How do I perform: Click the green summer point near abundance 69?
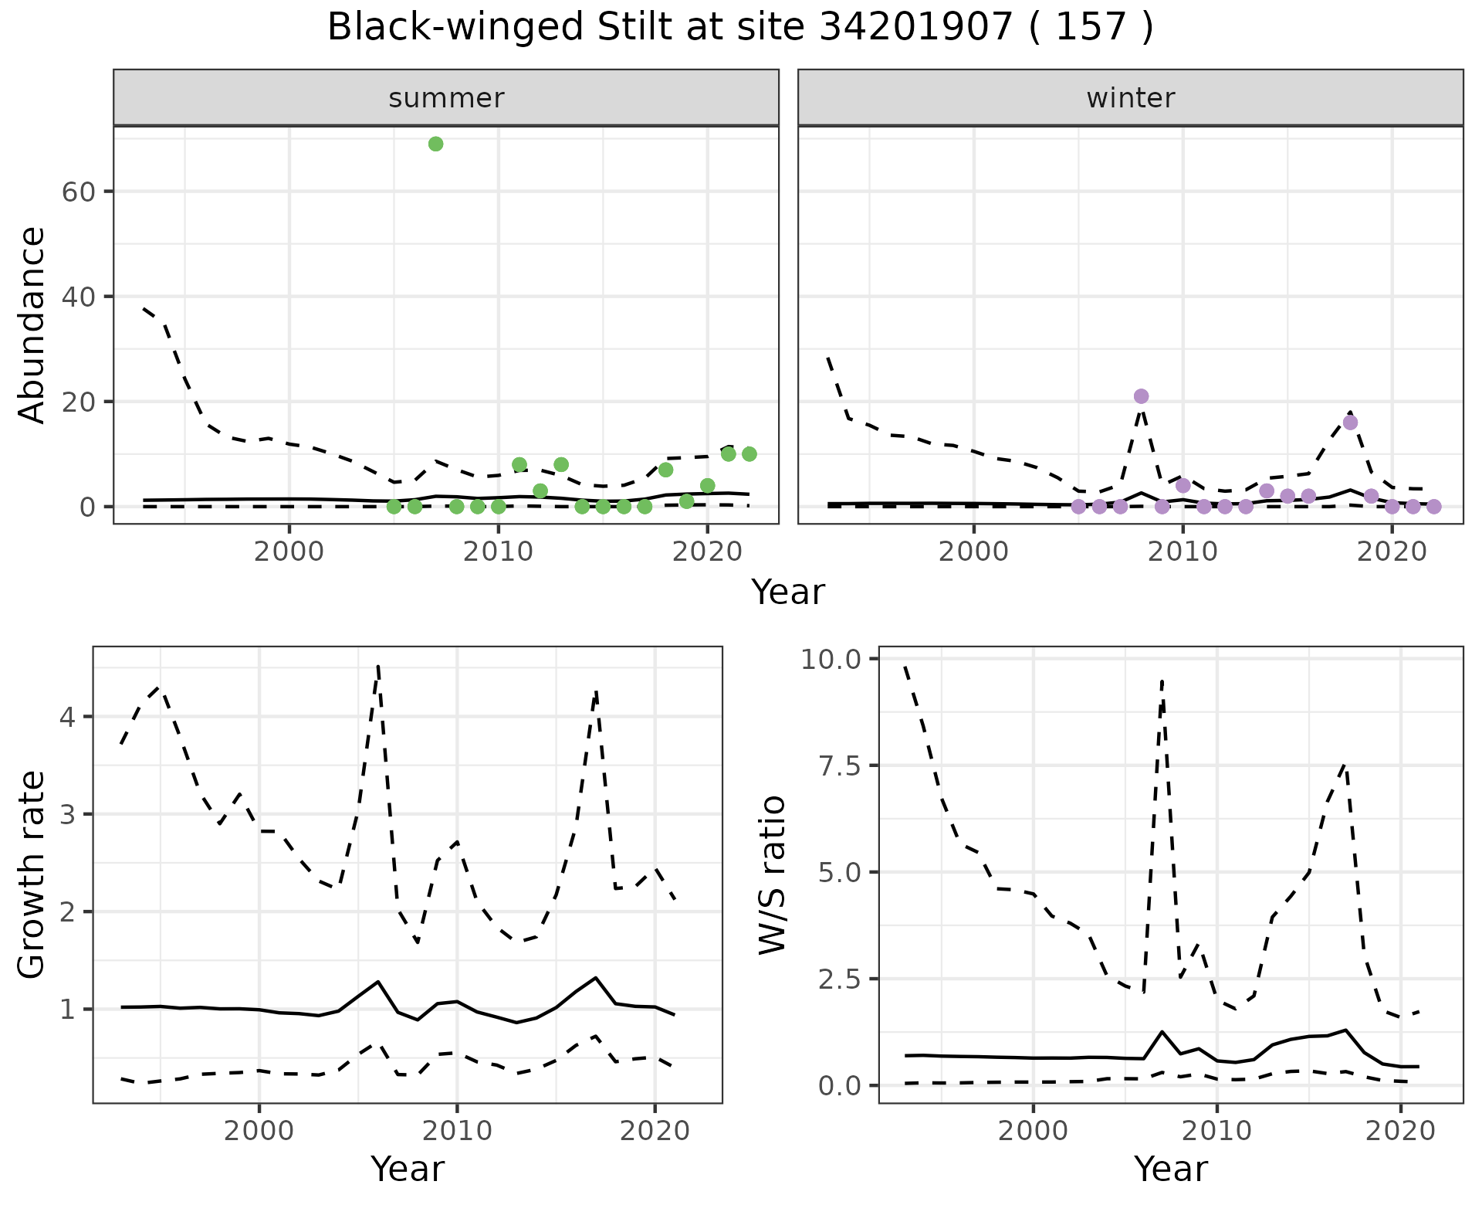tap(435, 144)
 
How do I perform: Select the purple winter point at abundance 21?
tap(1142, 396)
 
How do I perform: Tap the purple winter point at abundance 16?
tap(1350, 423)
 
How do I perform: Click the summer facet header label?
tap(446, 98)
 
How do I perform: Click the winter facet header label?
tap(1131, 98)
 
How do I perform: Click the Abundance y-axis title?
tap(32, 324)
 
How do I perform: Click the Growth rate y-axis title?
tap(32, 875)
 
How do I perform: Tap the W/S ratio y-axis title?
tap(773, 875)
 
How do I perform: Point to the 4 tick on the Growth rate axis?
tap(68, 718)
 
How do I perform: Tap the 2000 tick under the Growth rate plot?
tap(259, 1132)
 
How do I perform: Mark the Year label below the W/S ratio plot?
tap(1171, 1169)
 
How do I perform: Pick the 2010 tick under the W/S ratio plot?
tap(1217, 1132)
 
